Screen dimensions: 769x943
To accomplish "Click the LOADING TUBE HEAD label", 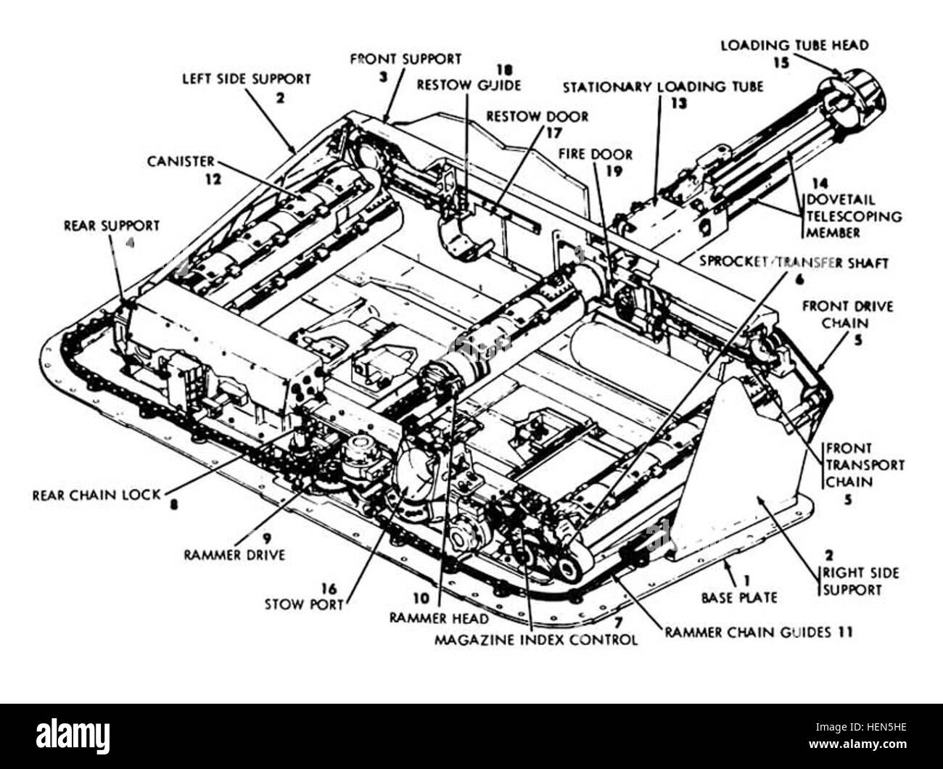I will (794, 45).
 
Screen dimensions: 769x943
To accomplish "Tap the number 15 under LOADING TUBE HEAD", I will (780, 62).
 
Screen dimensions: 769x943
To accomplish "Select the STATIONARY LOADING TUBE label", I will (663, 87).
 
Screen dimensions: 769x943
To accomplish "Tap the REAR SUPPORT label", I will (111, 226).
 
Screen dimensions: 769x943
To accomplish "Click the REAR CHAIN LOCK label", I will (96, 496).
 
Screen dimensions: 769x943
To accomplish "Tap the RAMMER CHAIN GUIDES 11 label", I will (758, 632).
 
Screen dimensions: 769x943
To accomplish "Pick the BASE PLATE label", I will (738, 598).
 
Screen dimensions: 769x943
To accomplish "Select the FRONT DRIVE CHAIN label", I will (847, 315).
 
